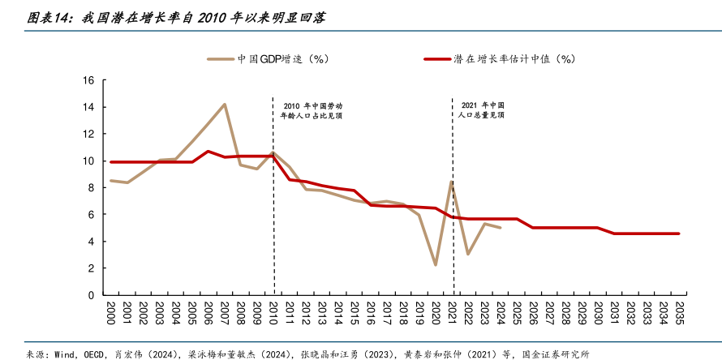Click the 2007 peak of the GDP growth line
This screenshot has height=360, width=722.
click(x=225, y=104)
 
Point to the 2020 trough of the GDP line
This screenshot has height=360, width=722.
click(x=436, y=265)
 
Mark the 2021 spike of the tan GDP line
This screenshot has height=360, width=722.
click(x=451, y=182)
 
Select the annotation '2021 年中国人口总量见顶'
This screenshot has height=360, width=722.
click(x=482, y=111)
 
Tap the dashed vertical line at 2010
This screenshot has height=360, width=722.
click(x=273, y=203)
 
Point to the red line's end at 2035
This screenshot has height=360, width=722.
click(x=678, y=234)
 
